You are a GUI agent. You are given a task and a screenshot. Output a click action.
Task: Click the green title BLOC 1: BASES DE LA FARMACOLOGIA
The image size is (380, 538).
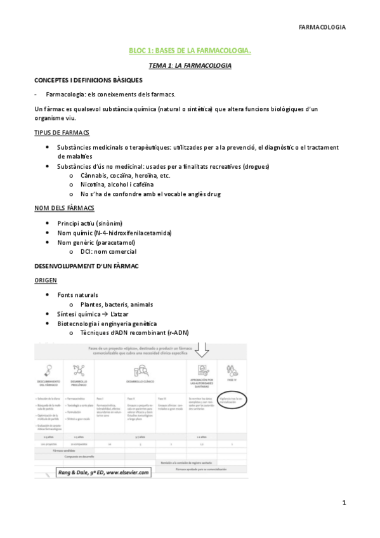coord(190,51)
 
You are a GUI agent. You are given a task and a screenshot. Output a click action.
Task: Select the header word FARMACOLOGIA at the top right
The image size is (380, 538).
coord(322,27)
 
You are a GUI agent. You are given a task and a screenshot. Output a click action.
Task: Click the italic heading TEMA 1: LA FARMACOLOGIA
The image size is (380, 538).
coord(190,65)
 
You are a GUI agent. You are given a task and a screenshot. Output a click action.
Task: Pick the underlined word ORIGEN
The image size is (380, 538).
coord(46,279)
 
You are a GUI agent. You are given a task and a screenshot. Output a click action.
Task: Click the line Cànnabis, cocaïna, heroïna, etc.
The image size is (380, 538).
coord(125,175)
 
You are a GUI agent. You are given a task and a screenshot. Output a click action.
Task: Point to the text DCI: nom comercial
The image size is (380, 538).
coord(108,251)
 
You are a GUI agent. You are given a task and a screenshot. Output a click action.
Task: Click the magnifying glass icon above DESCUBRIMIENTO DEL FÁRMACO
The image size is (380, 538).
coord(48,370)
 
